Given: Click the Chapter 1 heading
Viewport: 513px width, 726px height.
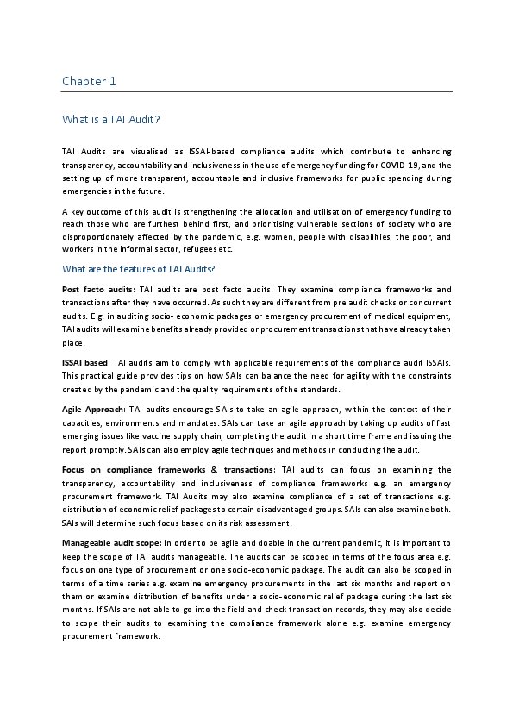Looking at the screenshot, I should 89,82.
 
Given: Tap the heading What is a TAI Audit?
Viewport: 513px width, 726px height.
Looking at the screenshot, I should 110,120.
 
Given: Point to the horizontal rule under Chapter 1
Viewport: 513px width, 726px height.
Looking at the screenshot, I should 257,91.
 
